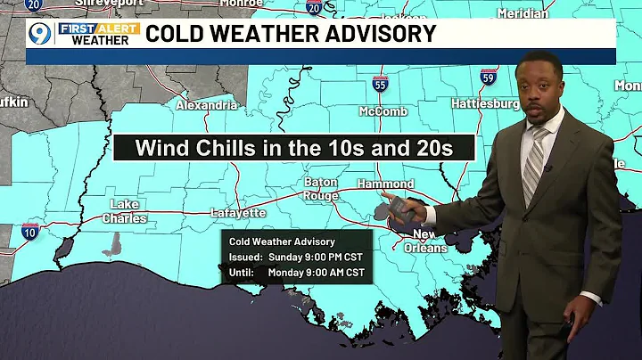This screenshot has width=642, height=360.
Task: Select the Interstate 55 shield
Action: click(x=380, y=84)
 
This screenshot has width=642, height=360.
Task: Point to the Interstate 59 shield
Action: click(x=489, y=78)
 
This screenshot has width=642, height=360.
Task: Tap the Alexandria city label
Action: click(x=207, y=105)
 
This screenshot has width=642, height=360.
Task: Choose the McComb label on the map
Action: click(x=383, y=111)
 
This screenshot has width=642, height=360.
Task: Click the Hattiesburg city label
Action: click(x=485, y=104)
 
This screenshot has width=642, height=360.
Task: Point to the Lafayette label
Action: click(x=238, y=213)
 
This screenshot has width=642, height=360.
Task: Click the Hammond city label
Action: click(x=387, y=184)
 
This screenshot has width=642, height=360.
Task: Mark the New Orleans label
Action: click(x=429, y=241)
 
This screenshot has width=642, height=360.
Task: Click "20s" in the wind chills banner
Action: click(x=438, y=148)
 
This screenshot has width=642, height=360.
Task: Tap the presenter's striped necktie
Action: click(x=534, y=165)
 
